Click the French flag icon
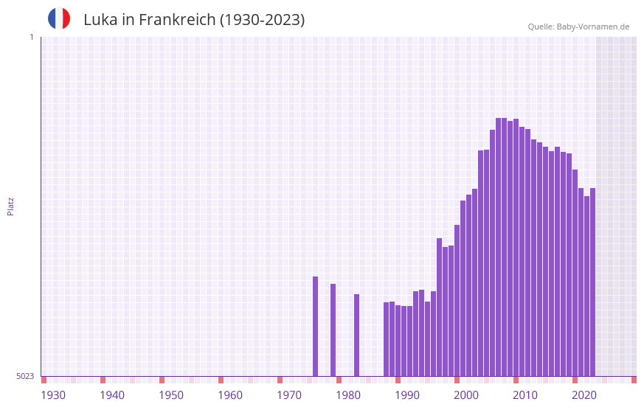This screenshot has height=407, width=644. tap(59, 18)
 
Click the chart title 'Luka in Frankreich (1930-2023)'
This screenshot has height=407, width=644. tap(194, 20)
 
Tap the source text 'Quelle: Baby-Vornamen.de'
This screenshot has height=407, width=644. tap(578, 27)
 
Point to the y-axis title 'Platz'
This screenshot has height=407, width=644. tap(10, 206)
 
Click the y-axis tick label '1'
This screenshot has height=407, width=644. tap(31, 37)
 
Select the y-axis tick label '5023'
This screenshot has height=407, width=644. tap(25, 376)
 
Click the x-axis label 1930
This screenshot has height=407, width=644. tap(53, 395)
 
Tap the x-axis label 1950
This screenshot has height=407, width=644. tap(171, 395)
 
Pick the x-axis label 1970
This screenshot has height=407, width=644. tap(289, 395)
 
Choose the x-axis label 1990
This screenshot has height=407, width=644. tap(407, 395)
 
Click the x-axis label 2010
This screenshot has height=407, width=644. tap(525, 395)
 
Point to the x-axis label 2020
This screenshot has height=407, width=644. tap(584, 395)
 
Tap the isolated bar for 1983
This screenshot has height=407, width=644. tap(356, 335)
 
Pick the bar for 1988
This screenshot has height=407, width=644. tap(386, 338)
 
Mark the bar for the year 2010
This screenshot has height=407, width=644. tap(516, 247)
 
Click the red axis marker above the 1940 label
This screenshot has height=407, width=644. tap(103, 380)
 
